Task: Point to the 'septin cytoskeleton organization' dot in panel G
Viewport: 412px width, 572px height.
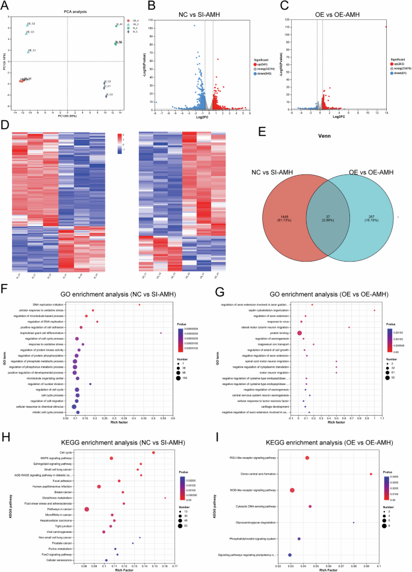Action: [x=374, y=310]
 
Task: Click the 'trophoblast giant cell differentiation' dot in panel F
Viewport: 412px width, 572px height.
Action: [x=161, y=333]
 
